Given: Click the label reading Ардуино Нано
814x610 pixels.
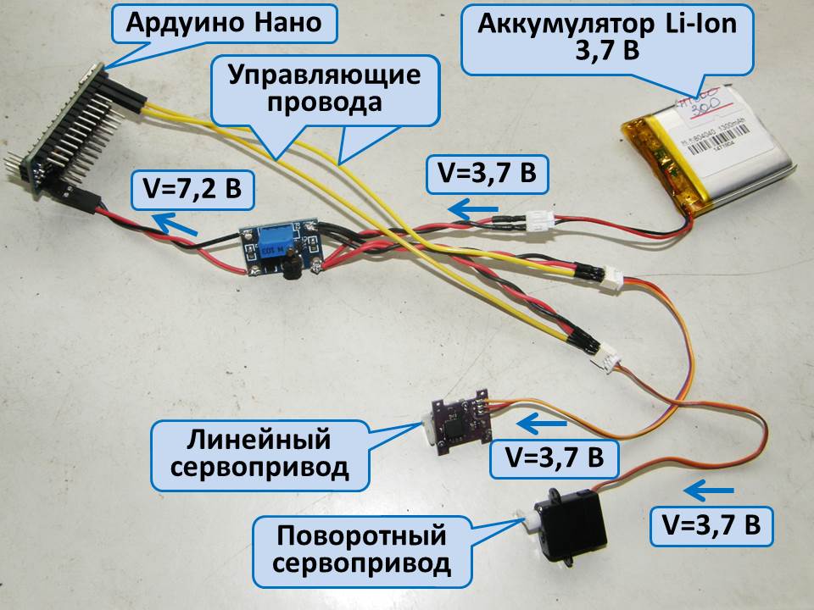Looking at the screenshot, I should click(x=224, y=23).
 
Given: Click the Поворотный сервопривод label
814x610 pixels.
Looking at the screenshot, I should click(x=362, y=549).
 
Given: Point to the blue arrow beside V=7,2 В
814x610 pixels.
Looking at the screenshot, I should click(x=175, y=225).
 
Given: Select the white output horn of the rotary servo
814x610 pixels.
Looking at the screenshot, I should click(x=527, y=516).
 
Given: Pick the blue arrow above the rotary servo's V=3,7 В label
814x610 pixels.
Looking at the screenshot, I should click(x=709, y=490).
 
